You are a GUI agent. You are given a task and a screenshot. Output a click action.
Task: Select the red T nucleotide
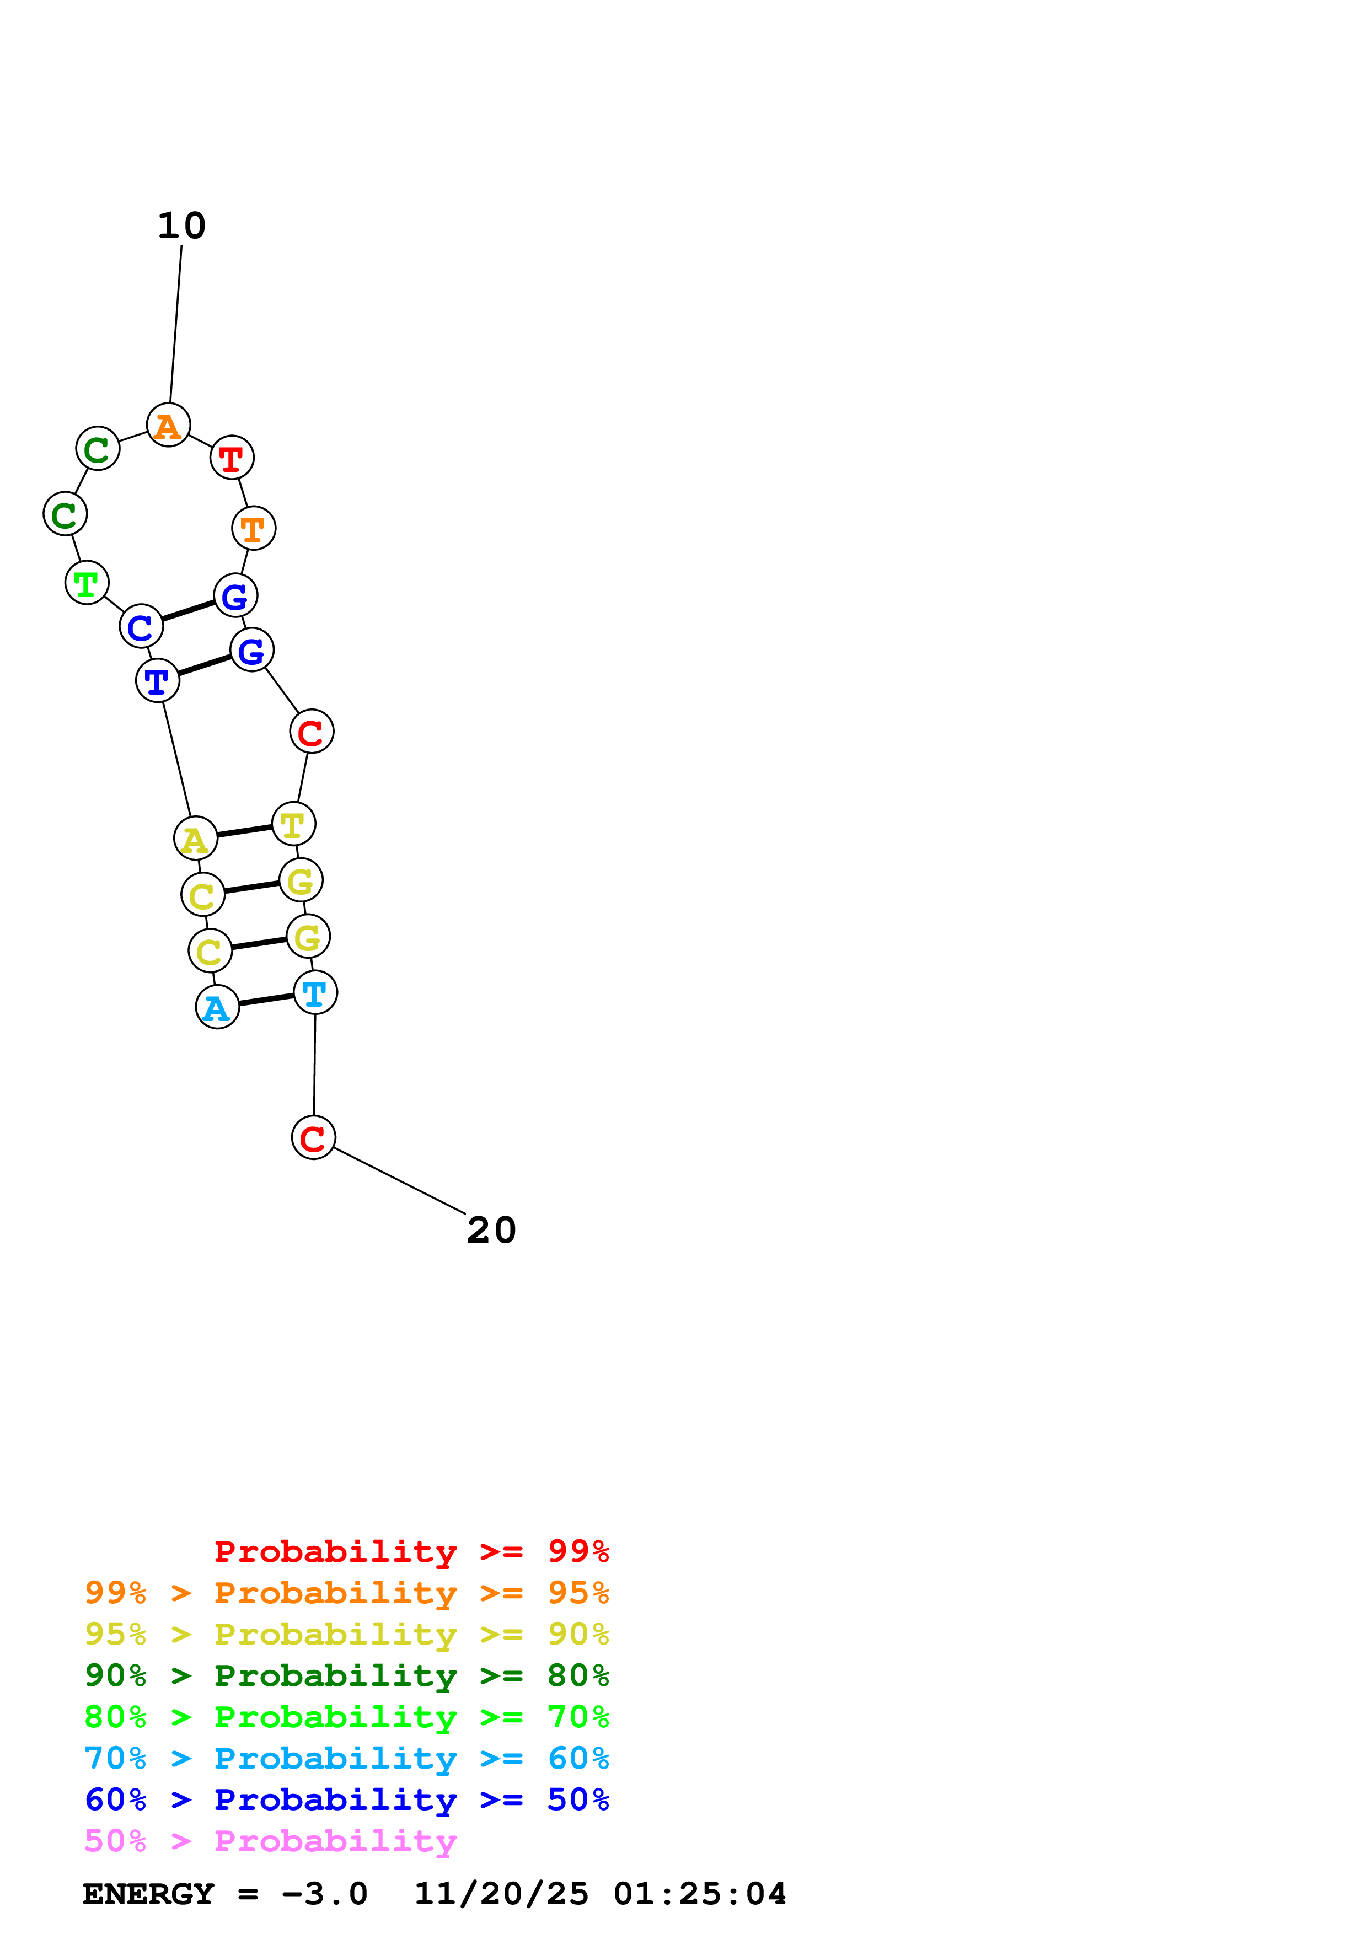pyautogui.click(x=232, y=458)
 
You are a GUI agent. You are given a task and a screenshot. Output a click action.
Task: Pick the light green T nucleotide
pyautogui.click(x=87, y=582)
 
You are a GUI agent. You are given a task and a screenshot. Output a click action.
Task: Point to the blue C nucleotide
pyautogui.click(x=141, y=627)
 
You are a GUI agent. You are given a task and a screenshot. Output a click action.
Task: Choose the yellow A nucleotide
pyautogui.click(x=195, y=839)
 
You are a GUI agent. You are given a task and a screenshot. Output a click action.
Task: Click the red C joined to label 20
pyautogui.click(x=313, y=1137)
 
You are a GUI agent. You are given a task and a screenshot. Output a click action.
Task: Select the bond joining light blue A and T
pyautogui.click(x=266, y=1000)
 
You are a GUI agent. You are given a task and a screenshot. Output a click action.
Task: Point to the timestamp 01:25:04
pyautogui.click(x=699, y=1894)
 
